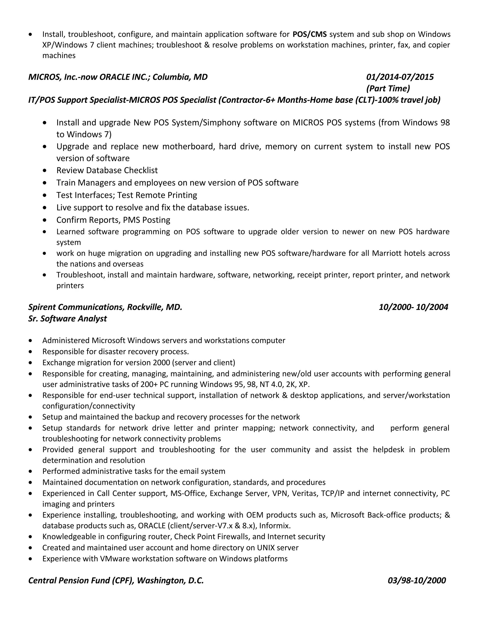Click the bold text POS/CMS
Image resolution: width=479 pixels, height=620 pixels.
pos(309,34)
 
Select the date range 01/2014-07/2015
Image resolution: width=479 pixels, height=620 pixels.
pos(399,77)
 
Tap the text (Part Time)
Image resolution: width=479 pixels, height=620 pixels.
pos(388,89)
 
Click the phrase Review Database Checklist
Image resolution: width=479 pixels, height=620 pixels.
pos(107,170)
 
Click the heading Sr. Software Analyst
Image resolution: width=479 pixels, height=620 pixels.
pos(68,318)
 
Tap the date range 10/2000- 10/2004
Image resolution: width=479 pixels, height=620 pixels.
pos(414,307)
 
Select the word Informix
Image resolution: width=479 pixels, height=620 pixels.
pos(274,526)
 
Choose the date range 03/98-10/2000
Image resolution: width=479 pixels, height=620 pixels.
pos(417,580)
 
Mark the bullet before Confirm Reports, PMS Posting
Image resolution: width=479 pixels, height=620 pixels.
pos(44,220)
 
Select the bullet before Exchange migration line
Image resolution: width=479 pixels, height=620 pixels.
pos(30,363)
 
